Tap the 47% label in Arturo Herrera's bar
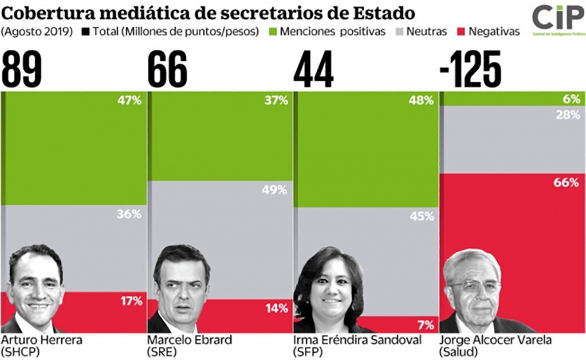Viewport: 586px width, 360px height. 129,101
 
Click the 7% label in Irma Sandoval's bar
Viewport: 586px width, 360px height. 424,325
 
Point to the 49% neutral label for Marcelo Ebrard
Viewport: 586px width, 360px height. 275,189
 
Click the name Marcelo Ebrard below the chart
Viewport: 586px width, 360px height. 190,340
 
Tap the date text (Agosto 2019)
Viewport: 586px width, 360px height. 36,31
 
